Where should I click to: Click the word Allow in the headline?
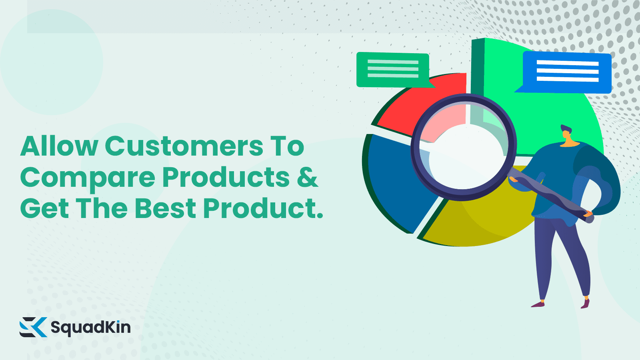pos(59,146)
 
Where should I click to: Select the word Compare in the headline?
pos(87,178)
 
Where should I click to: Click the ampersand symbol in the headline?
pos(307,177)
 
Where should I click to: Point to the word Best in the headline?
pos(165,209)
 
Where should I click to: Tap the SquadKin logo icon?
pos(33,327)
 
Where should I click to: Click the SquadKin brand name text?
pos(90,327)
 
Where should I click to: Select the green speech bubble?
pos(393,69)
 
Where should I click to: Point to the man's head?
pos(566,133)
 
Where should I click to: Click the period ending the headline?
pos(320,216)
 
